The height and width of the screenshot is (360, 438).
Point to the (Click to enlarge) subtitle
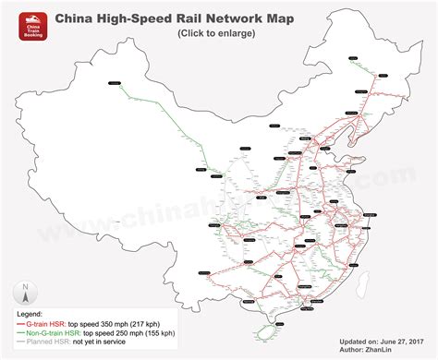point(218,32)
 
